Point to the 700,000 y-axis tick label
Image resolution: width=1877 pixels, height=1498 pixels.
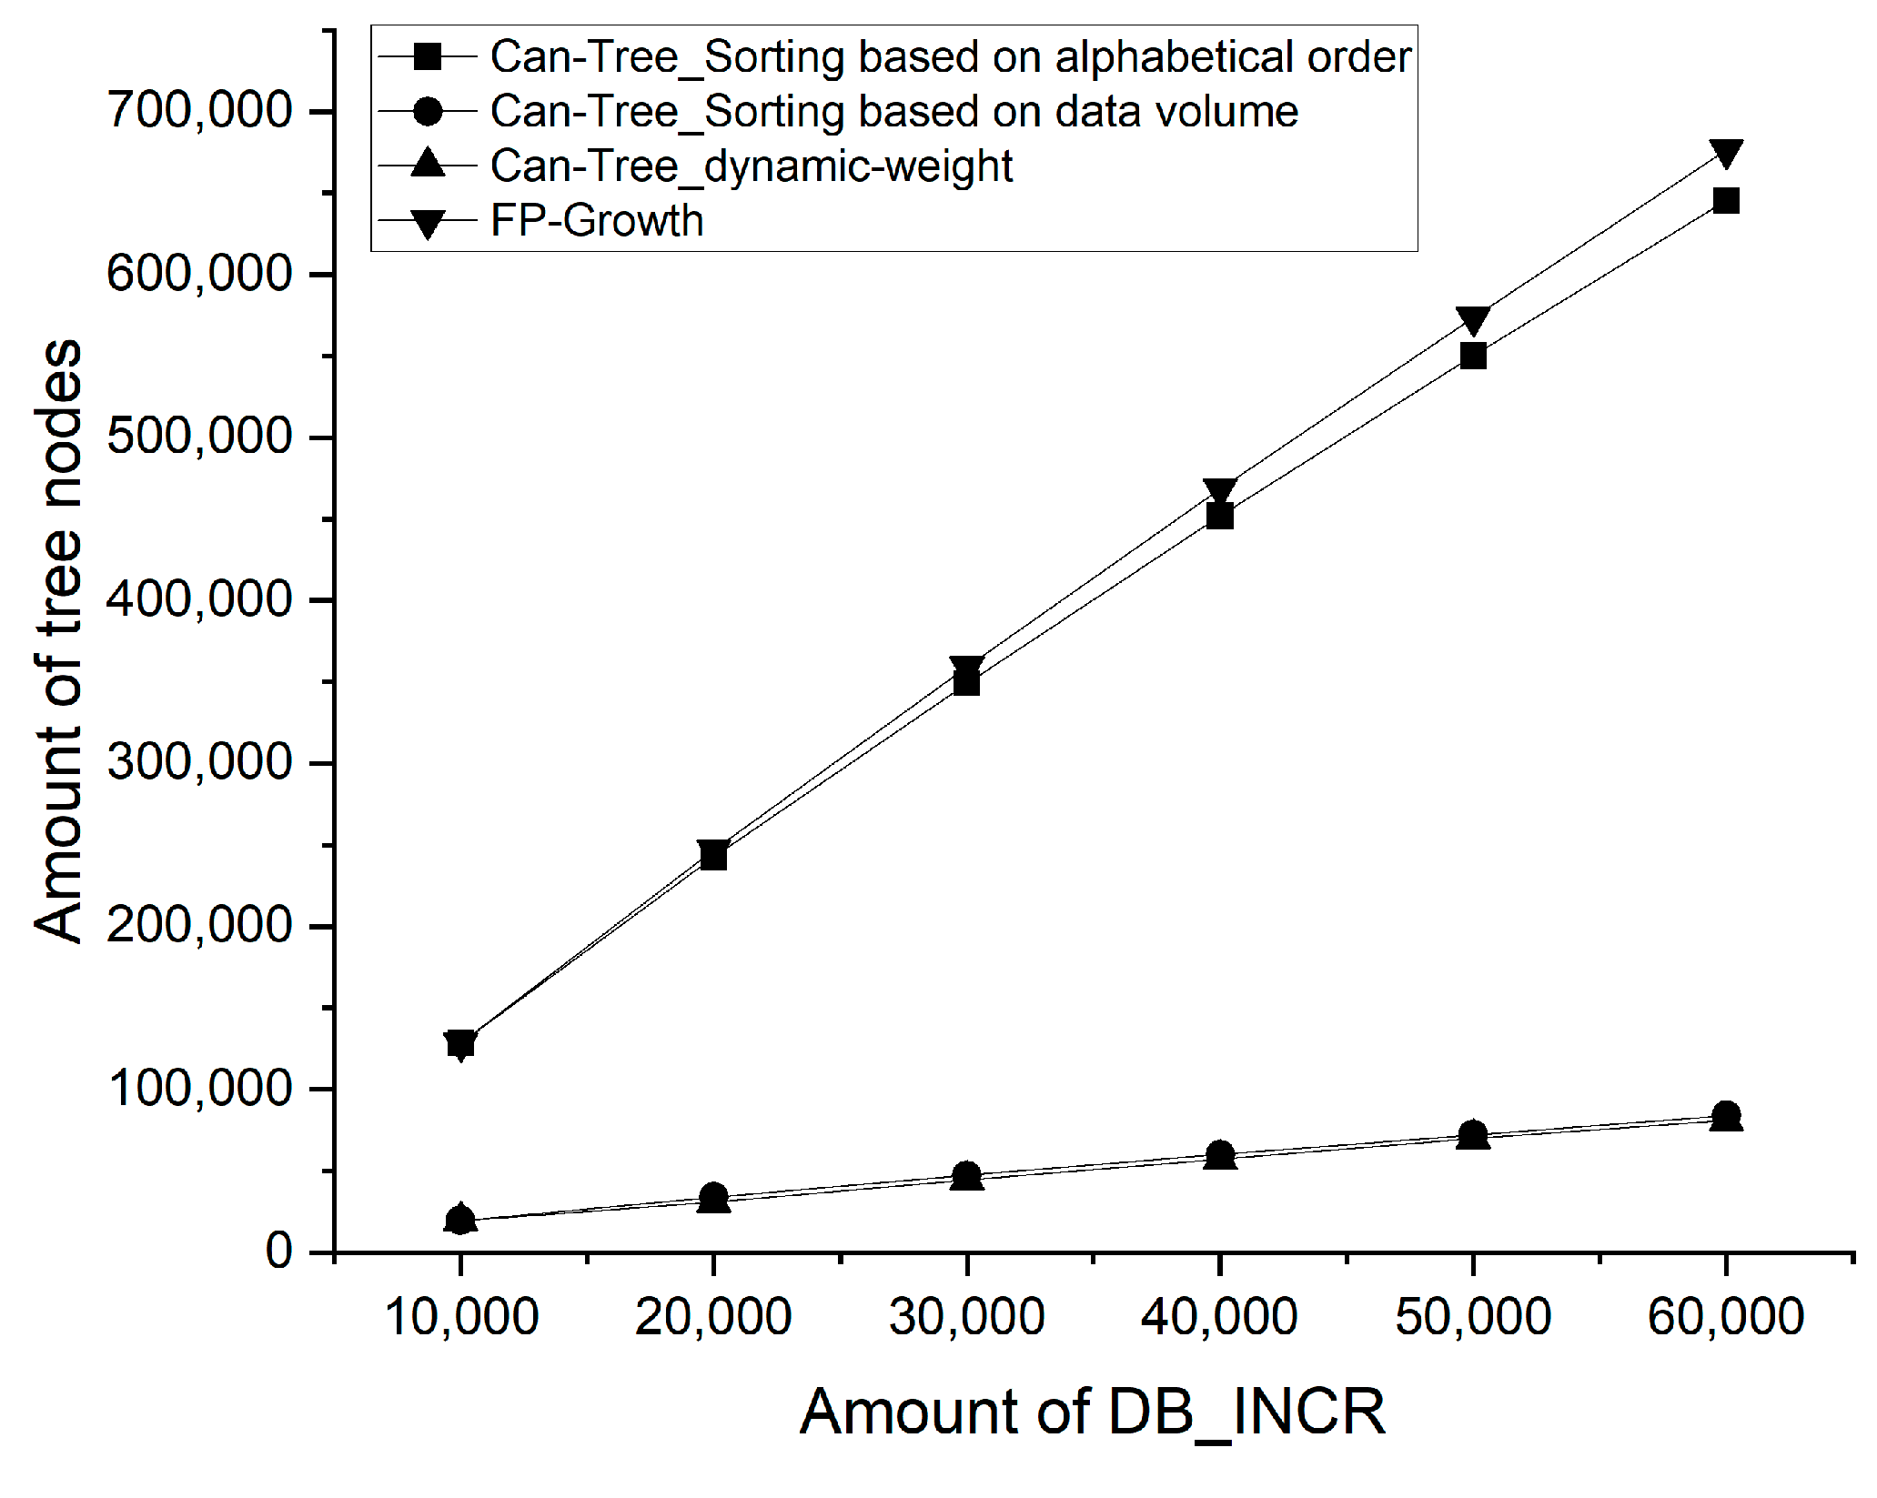(199, 111)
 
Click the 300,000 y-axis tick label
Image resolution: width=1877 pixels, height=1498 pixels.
(199, 762)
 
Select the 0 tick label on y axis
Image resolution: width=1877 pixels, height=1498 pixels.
(278, 1252)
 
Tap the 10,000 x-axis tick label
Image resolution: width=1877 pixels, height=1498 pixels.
(461, 1317)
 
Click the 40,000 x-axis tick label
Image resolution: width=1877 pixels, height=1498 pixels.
(1219, 1317)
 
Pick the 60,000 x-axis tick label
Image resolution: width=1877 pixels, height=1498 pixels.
(1725, 1317)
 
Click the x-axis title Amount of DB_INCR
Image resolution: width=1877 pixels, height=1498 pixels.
(1092, 1412)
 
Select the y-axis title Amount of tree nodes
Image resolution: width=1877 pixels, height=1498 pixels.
(58, 641)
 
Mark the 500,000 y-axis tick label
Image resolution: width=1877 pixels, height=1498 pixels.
(199, 437)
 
